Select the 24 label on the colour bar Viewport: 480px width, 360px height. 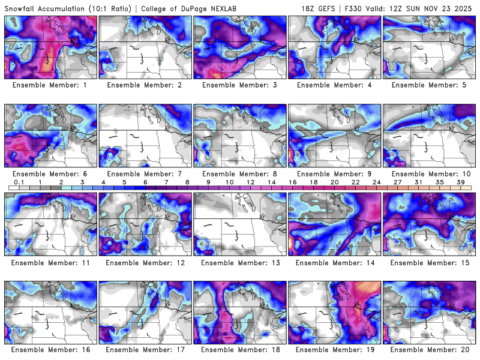pyautogui.click(x=376, y=182)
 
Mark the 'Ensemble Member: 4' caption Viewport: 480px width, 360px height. pyautogui.click(x=335, y=85)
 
